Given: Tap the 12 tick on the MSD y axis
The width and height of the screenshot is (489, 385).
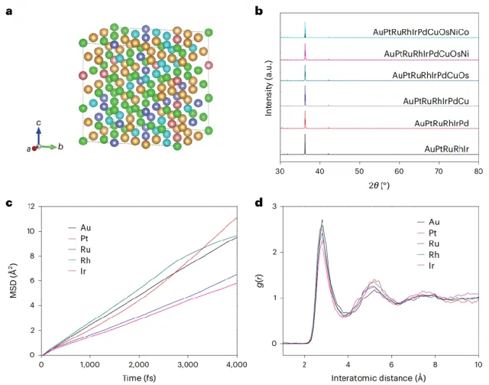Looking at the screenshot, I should [31, 206].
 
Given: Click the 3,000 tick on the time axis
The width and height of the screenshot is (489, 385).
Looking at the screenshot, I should [187, 365].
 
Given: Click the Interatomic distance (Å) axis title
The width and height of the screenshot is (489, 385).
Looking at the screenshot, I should [381, 378].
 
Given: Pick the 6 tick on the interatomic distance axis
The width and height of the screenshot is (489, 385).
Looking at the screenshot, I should [392, 365].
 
